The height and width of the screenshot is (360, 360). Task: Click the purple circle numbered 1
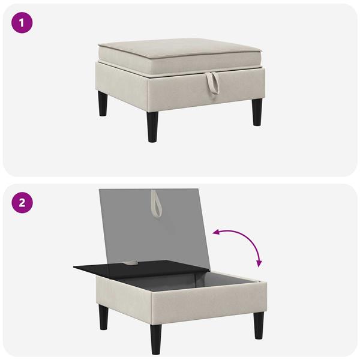pyautogui.click(x=22, y=23)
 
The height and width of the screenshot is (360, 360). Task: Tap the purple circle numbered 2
pyautogui.click(x=22, y=203)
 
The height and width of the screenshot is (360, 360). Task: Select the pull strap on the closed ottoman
pyautogui.click(x=212, y=83)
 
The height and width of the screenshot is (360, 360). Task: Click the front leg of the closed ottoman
pyautogui.click(x=152, y=127)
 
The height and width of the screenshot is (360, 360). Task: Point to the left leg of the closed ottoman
pyautogui.click(x=103, y=103)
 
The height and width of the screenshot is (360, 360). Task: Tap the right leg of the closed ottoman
pyautogui.click(x=257, y=112)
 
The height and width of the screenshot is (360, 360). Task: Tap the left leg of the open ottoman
pyautogui.click(x=104, y=317)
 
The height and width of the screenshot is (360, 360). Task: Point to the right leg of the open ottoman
pyautogui.click(x=259, y=325)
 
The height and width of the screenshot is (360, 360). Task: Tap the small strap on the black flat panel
pyautogui.click(x=132, y=262)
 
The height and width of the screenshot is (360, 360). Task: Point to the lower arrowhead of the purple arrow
pyautogui.click(x=259, y=264)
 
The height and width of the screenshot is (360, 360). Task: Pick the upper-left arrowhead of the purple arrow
pyautogui.click(x=216, y=232)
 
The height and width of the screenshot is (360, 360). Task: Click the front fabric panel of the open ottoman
pyautogui.click(x=209, y=303)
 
